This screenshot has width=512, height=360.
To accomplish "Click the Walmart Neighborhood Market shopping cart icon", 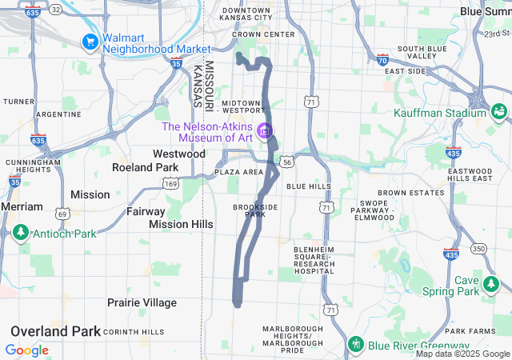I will coord(89,41).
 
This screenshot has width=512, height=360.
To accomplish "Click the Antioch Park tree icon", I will coord(20,234).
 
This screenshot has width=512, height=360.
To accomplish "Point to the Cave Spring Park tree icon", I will coord(490,285).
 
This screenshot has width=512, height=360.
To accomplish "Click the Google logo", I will coord(26,350).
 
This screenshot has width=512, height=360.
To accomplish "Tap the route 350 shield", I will coord(478,249).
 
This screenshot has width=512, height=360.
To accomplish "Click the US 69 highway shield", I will coord(62,214).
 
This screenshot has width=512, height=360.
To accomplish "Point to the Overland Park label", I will coord(55,331).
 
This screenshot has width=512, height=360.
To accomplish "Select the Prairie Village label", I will coord(142,302).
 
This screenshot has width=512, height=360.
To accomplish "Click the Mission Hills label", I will coord(181,225).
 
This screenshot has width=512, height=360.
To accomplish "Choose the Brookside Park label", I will coord(254,210).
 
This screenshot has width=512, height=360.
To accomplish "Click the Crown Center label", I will coord(263,34).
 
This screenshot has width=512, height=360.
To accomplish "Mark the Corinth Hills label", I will coord(134,331).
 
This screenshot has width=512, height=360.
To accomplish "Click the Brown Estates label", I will coord(410,193).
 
